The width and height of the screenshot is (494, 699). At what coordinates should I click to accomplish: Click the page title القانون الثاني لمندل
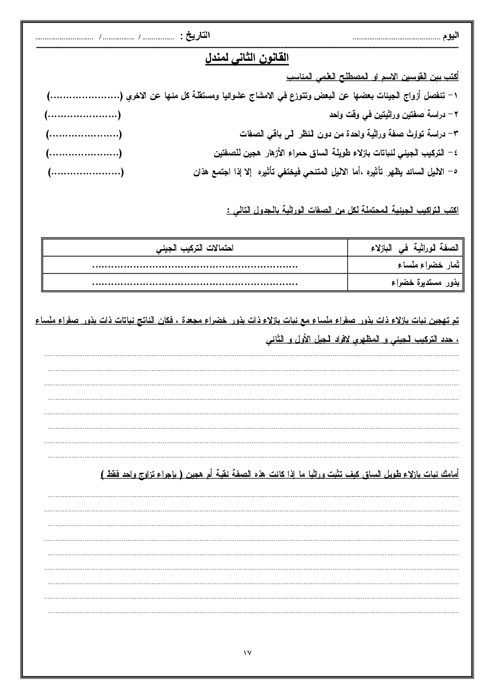click(x=247, y=58)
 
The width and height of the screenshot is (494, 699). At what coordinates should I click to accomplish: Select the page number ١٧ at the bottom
click(x=247, y=653)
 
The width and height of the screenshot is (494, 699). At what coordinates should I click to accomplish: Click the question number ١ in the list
click(x=456, y=96)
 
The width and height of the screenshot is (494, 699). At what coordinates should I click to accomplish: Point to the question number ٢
click(x=456, y=115)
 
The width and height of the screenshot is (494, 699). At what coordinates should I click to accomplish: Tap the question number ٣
click(x=456, y=134)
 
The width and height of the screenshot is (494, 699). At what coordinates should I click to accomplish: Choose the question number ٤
click(x=456, y=153)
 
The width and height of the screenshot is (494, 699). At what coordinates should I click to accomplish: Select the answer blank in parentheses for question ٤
click(x=84, y=154)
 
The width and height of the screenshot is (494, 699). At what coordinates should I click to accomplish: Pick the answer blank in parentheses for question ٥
click(x=86, y=173)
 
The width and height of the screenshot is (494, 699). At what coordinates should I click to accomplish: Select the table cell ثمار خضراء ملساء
click(x=429, y=266)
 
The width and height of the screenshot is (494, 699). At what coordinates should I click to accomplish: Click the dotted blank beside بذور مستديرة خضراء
click(x=195, y=283)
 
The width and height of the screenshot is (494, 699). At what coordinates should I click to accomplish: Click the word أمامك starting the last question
click(x=447, y=475)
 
